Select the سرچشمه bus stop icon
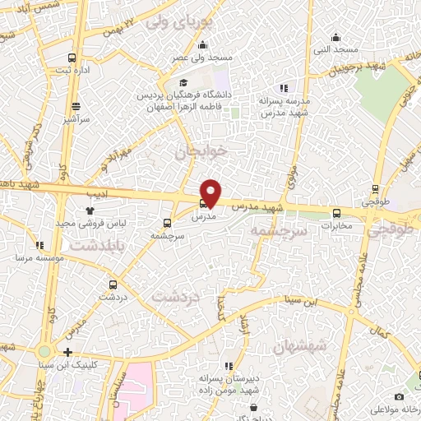168,223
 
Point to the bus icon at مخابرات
335,214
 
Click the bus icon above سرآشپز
76,106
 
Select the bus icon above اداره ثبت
72,58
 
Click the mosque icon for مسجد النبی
335,37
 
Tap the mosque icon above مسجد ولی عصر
203,45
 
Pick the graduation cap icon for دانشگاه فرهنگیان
184,83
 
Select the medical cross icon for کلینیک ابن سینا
67,352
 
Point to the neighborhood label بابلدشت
90,246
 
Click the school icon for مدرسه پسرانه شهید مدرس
284,88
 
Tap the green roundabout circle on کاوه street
44,352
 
